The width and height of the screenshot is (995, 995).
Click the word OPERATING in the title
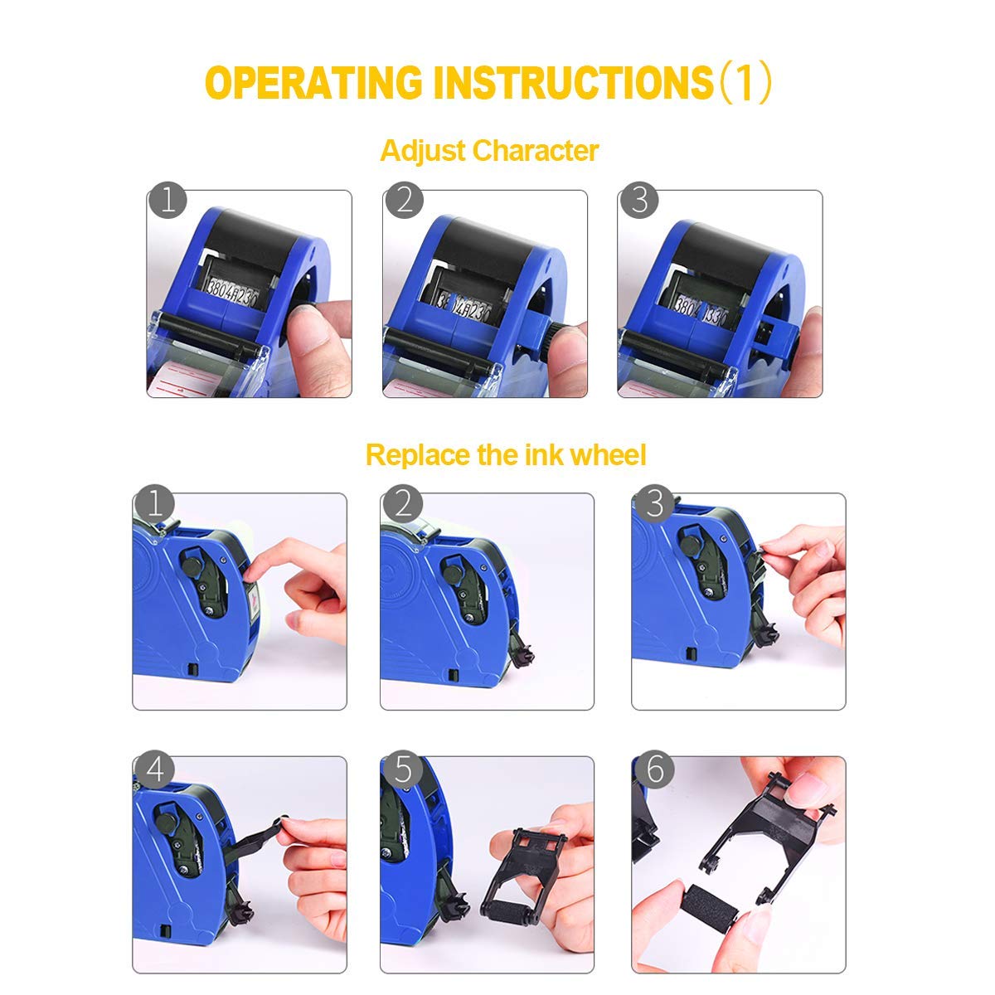[x=313, y=83]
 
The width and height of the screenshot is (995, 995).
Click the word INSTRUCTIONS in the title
[x=573, y=83]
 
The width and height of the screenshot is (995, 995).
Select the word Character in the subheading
[x=536, y=151]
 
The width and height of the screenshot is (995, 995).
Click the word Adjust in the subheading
[x=423, y=152]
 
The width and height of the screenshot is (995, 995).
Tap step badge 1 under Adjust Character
[x=167, y=200]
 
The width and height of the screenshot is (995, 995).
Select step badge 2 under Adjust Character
[x=404, y=200]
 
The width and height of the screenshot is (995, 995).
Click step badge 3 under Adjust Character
[x=639, y=200]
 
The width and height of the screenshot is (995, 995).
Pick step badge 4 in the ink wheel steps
[x=155, y=769]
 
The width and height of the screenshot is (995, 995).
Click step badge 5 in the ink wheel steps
[x=402, y=769]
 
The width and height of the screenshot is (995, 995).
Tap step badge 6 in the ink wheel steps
[x=655, y=769]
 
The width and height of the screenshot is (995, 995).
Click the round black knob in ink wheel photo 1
[x=191, y=567]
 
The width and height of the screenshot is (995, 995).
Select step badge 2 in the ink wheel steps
[x=402, y=503]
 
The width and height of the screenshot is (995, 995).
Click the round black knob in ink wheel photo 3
[x=690, y=545]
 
